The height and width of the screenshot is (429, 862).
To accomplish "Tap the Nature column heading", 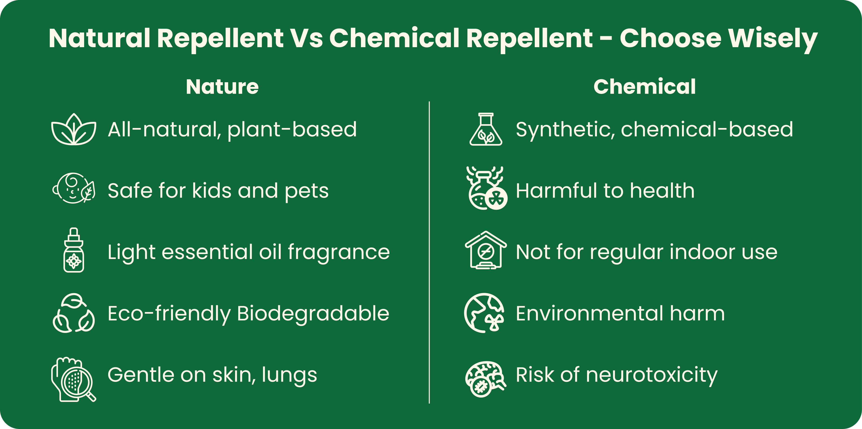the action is coord(222,87).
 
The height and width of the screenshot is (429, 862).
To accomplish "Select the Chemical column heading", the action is coord(644,87).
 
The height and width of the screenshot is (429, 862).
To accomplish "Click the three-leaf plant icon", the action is coord(74,129).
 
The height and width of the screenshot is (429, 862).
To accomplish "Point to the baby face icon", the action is coord(74,188).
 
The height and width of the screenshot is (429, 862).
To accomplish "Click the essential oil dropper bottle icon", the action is coord(74,250).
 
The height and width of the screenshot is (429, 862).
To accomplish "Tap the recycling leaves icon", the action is coord(74,313).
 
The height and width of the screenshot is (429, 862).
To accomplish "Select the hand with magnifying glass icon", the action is coord(74,379).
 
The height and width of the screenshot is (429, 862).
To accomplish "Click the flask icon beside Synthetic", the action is coord(486,129).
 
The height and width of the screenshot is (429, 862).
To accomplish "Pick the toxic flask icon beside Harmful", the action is coord(487,188).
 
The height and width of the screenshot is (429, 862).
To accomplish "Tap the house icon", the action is coord(486,250).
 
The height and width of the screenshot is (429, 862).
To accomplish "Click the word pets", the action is coord(306,191).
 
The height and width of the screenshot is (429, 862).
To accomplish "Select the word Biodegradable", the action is coord(313,314).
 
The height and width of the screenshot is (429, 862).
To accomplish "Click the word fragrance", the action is coord(339,252).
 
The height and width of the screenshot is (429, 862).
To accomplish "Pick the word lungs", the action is coord(289,376).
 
